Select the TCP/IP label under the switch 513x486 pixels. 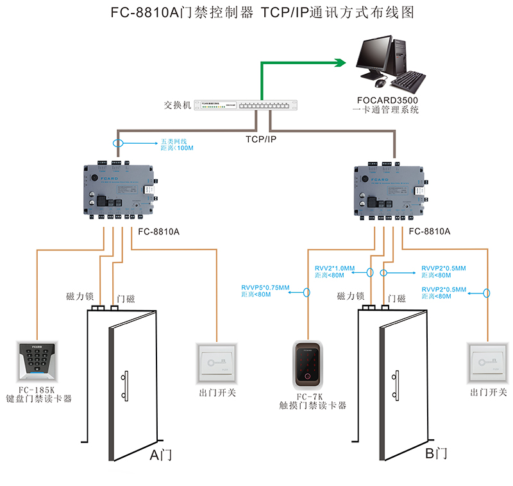tap(261, 138)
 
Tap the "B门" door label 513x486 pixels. tap(435, 454)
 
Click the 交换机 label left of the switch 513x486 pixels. tap(178, 105)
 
